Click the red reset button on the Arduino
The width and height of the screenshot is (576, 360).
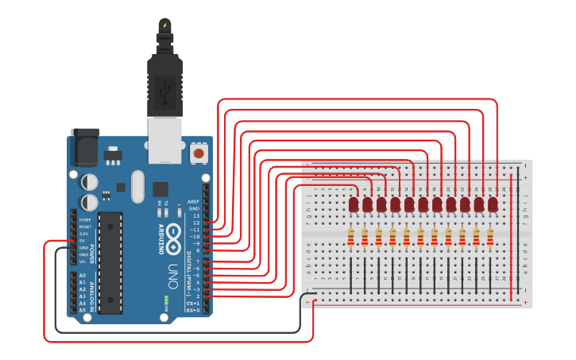click(x=199, y=152)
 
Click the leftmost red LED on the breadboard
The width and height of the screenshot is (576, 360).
click(x=354, y=204)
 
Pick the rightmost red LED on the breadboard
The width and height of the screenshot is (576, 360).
click(x=493, y=204)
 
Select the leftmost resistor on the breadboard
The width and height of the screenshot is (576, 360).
click(x=350, y=237)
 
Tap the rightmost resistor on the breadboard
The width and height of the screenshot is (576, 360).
click(x=489, y=237)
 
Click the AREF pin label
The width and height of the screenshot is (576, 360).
click(x=193, y=202)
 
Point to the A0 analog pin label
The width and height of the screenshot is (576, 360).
click(x=82, y=275)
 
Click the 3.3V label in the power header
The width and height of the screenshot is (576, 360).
click(x=83, y=234)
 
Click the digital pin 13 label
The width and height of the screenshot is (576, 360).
click(x=195, y=216)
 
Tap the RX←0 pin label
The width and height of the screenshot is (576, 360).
click(x=192, y=310)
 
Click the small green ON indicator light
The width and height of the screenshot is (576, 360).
click(x=165, y=300)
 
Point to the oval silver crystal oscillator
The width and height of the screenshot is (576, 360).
click(x=138, y=187)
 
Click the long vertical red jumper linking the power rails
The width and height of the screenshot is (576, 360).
click(x=512, y=238)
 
